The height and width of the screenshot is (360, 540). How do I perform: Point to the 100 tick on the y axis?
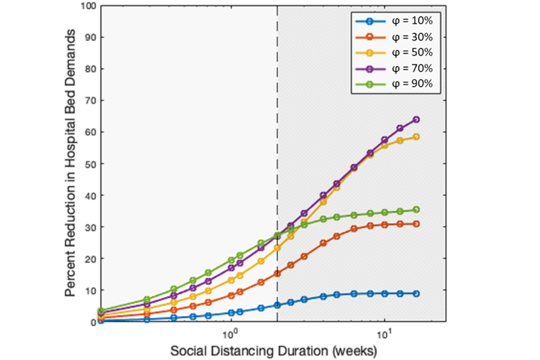tap(88, 6)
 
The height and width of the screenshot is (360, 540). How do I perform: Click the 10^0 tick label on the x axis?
tap(231, 334)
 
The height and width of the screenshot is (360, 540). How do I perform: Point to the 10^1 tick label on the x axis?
tap(384, 334)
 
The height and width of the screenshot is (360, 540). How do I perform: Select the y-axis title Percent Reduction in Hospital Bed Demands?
tap(70, 164)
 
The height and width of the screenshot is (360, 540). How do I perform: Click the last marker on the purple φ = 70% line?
tap(416, 119)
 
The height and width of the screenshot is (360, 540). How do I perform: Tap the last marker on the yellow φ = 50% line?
tap(416, 137)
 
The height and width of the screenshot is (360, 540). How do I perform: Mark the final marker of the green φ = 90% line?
tap(416, 209)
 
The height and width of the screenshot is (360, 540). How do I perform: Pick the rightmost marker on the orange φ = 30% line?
tap(416, 224)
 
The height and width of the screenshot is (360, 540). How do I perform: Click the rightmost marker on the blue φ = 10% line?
tap(416, 293)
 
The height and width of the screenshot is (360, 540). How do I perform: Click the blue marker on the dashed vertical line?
tap(277, 305)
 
